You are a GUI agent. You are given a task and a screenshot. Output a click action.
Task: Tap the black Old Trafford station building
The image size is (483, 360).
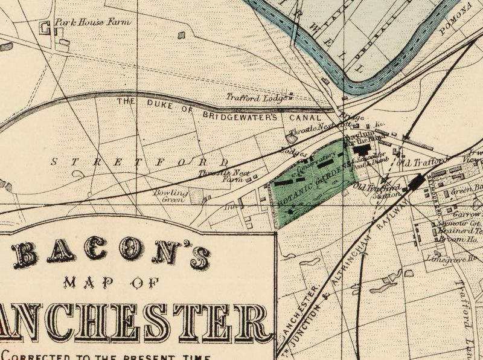[415, 182]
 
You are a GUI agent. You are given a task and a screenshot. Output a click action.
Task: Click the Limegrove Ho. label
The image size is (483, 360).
[459, 258]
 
